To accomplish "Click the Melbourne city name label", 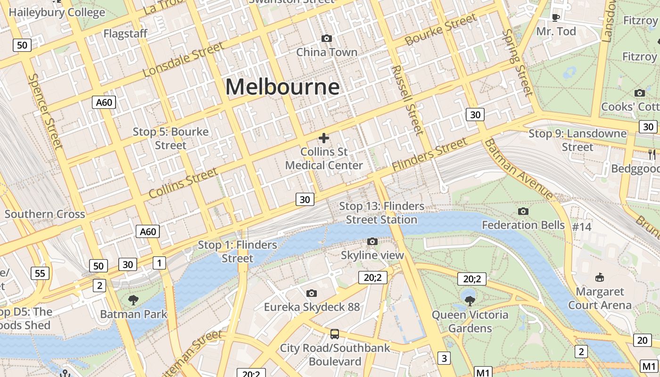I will [282, 87].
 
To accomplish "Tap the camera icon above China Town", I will [326, 38].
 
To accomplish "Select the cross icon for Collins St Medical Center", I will [324, 138].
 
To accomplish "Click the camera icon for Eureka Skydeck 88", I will [311, 294].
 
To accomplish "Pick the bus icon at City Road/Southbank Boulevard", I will [335, 334].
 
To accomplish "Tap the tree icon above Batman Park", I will [133, 300].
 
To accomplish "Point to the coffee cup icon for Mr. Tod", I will [556, 17].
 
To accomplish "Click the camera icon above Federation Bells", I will [523, 211].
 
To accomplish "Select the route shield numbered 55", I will [40, 273].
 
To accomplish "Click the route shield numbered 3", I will [444, 358].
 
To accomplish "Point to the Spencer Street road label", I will [45, 111].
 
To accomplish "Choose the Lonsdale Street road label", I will [183, 59].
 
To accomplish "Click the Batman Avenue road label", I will [519, 168].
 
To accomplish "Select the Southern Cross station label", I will [45, 214].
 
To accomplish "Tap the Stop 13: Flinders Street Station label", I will [381, 213].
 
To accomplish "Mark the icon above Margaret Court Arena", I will [600, 277].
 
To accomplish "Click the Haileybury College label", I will [57, 12].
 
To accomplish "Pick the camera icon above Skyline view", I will [372, 242].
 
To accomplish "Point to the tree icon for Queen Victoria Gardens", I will [470, 300].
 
